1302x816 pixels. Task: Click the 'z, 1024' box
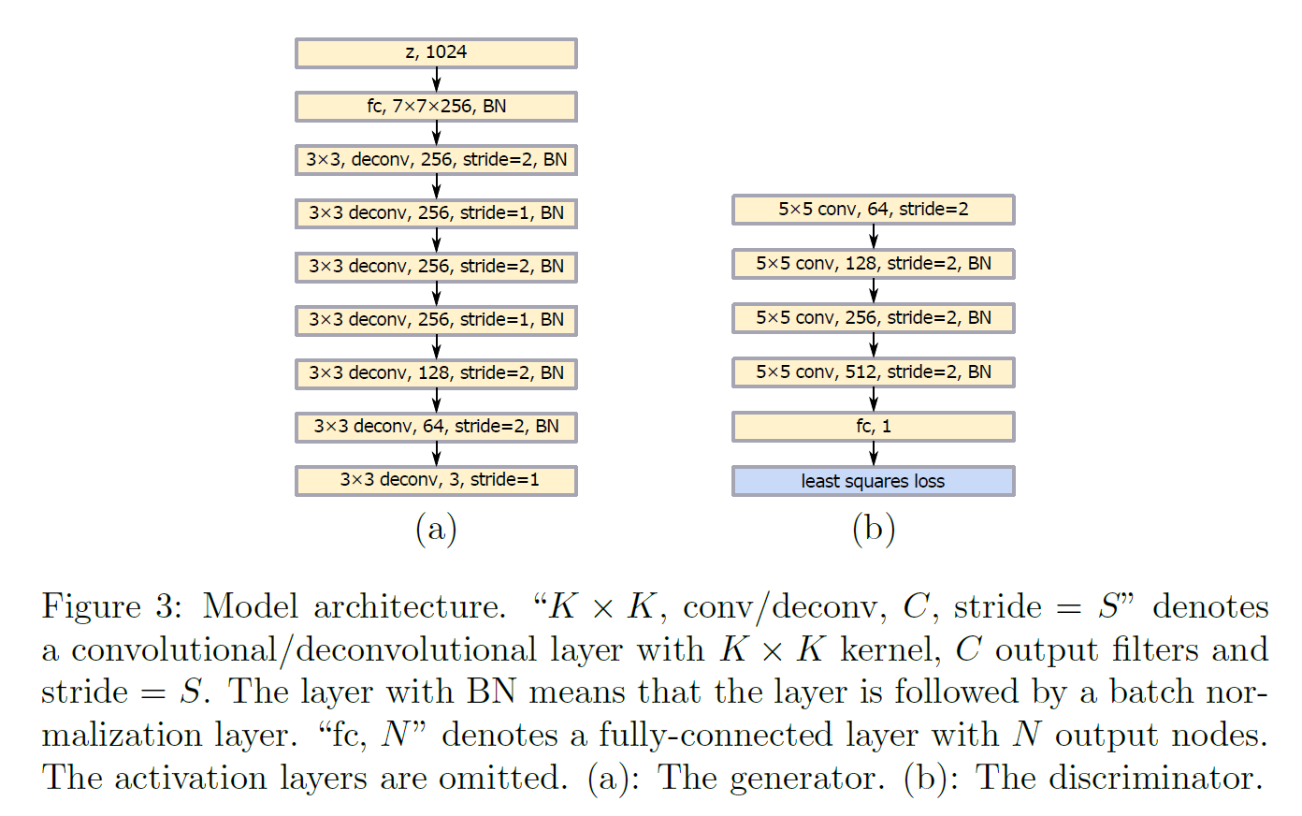coord(436,53)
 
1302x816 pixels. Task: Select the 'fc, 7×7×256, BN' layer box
coord(436,107)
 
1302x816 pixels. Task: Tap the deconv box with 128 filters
coord(436,373)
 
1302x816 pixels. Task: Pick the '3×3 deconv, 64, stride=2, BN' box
coord(436,427)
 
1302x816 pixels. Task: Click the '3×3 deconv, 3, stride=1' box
coord(436,480)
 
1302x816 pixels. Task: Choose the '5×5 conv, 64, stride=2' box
coord(873,210)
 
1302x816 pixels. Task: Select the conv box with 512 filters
coord(873,372)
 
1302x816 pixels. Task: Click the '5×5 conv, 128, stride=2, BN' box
coord(873,264)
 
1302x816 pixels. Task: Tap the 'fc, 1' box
coord(873,427)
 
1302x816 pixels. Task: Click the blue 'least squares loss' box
coord(873,481)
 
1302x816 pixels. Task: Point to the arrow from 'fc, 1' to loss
coord(873,454)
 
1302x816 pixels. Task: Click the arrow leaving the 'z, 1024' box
coord(436,80)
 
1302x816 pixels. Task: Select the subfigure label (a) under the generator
coord(436,529)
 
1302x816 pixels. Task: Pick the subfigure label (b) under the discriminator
coord(874,529)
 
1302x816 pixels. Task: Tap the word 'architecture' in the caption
coord(409,606)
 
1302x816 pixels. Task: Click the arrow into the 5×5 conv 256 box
coord(873,291)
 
